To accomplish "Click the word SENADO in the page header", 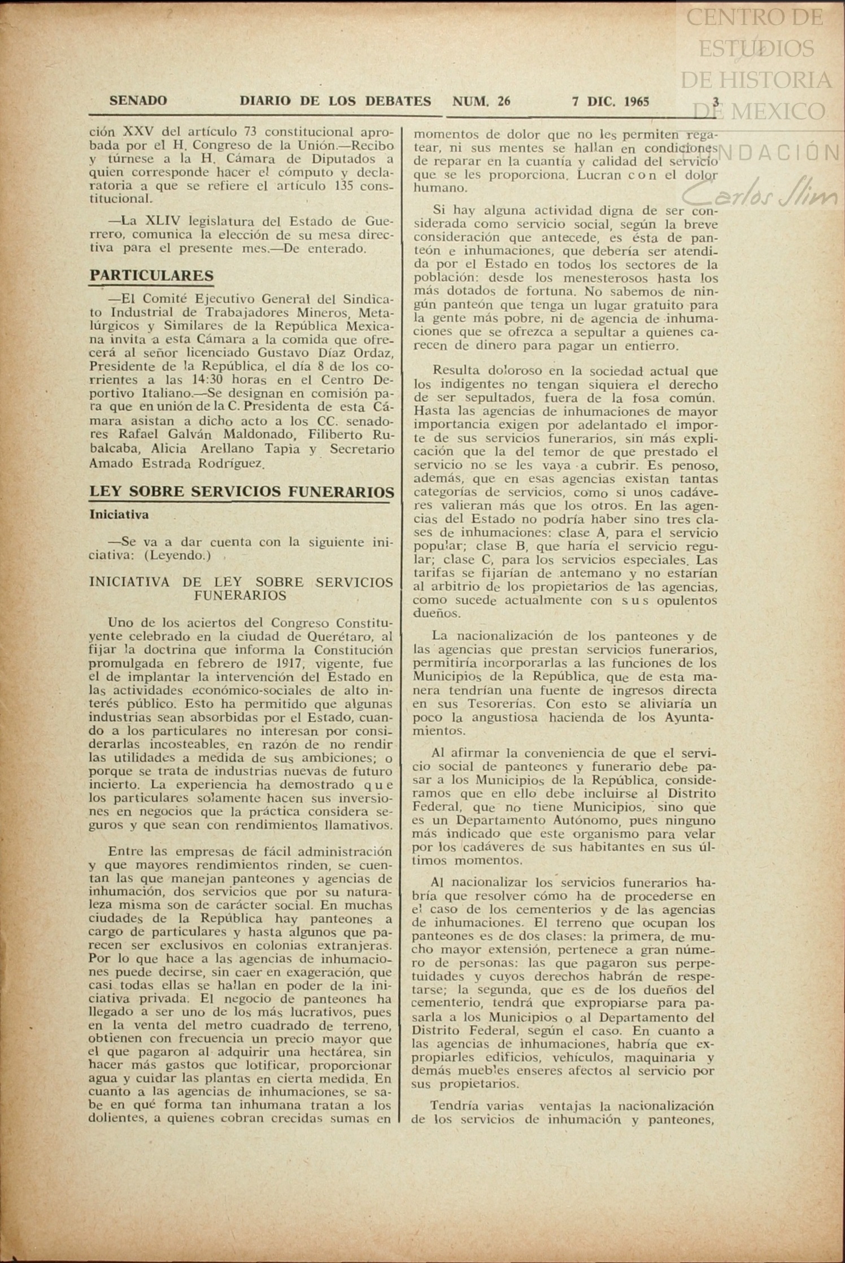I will (x=138, y=101).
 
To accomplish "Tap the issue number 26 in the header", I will (x=504, y=102).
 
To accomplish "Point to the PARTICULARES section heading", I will (x=151, y=276).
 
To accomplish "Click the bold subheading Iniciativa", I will (x=119, y=515).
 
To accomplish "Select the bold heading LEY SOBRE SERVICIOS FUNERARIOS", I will (x=241, y=491).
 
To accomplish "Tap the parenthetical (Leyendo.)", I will (x=177, y=555).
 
